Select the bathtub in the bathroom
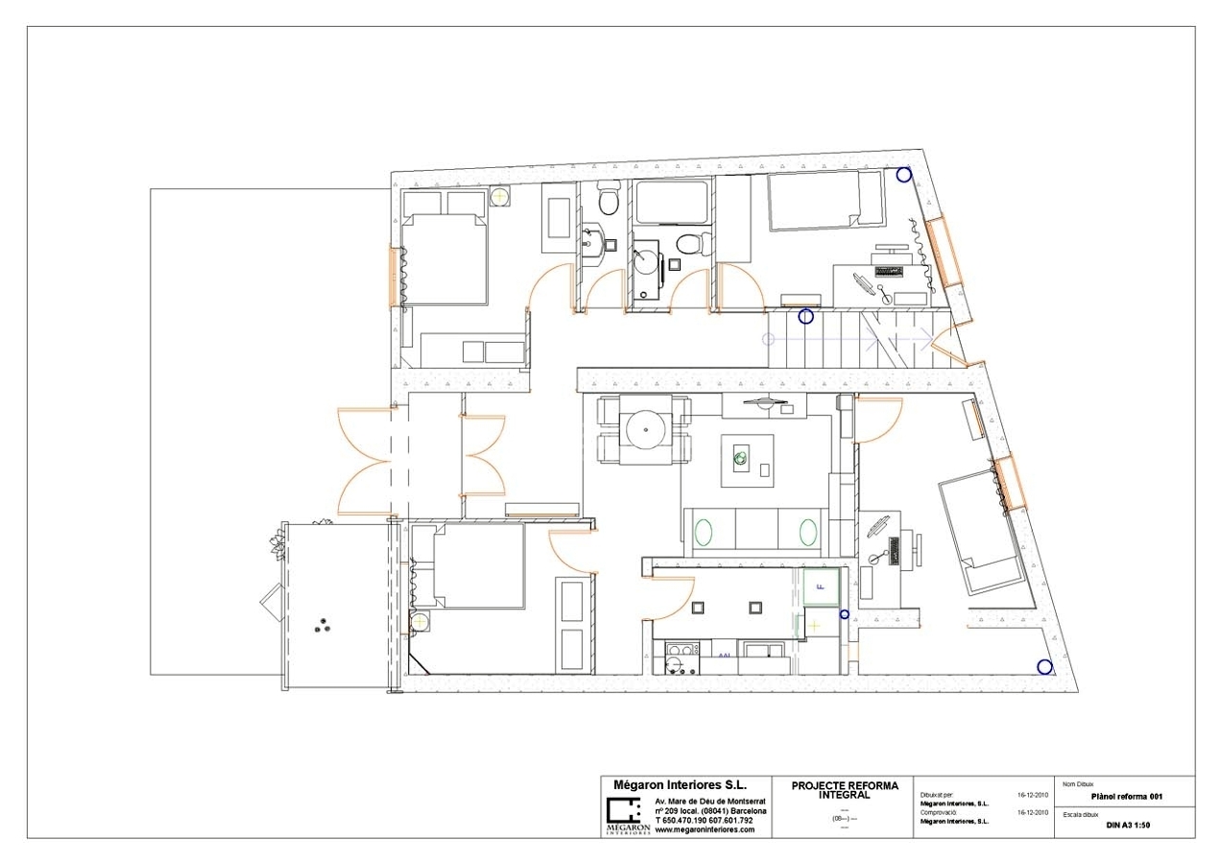pos(671,204)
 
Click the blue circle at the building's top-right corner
pos(903,175)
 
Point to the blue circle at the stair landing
pos(805,316)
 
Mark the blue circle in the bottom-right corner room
pos(1043,667)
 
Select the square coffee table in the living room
pos(747,460)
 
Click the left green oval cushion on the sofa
pos(704,533)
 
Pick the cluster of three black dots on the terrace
pos(320,625)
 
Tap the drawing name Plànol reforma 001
pos(1128,796)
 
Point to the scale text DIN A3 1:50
pos(1128,825)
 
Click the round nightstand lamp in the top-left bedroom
pos(499,197)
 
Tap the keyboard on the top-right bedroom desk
pos(892,271)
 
